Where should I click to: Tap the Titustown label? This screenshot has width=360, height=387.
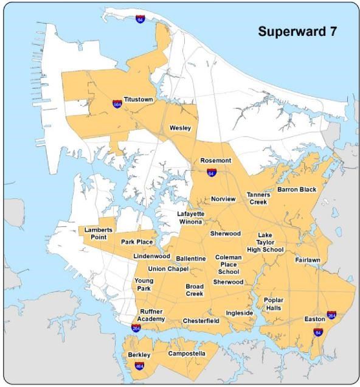pyautogui.click(x=138, y=99)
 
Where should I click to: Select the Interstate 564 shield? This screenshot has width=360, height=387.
pyautogui.click(x=116, y=104)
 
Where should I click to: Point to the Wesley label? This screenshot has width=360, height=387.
pyautogui.click(x=180, y=128)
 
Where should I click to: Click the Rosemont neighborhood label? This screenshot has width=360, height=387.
pyautogui.click(x=216, y=161)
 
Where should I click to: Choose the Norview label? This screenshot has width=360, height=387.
pyautogui.click(x=223, y=199)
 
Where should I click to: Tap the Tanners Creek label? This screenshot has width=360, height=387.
pyautogui.click(x=258, y=198)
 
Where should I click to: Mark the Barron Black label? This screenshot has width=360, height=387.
pyautogui.click(x=297, y=189)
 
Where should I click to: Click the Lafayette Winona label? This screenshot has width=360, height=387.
pyautogui.click(x=190, y=218)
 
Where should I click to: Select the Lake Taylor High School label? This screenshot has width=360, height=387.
pyautogui.click(x=265, y=242)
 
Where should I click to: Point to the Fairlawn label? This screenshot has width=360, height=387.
pyautogui.click(x=308, y=260)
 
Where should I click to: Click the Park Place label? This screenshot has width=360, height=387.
pyautogui.click(x=136, y=242)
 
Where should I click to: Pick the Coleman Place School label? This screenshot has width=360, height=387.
pyautogui.click(x=229, y=265)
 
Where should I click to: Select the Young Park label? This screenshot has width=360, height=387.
pyautogui.click(x=144, y=284)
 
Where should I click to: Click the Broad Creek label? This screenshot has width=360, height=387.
pyautogui.click(x=195, y=290)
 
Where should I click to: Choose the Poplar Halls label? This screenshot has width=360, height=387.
pyautogui.click(x=273, y=304)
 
